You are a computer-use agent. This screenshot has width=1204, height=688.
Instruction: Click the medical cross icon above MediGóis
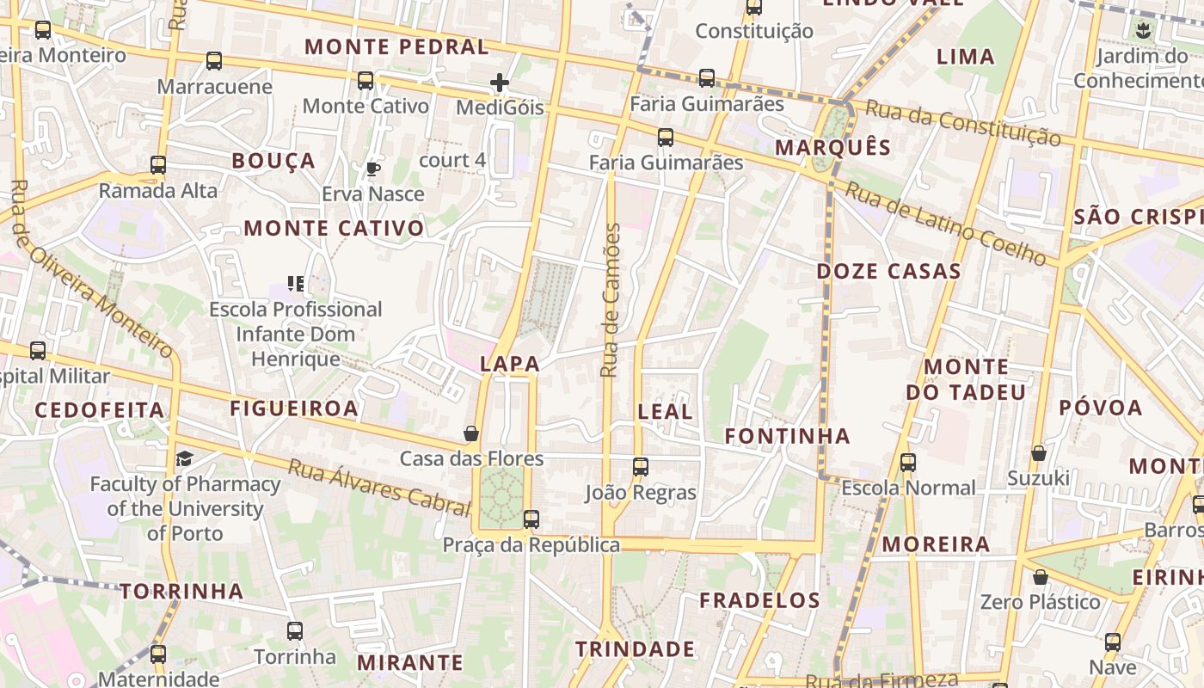[x=500, y=83]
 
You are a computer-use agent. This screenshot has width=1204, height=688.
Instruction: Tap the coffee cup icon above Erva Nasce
[x=372, y=169]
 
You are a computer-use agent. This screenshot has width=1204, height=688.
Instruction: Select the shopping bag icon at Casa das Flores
[x=471, y=433]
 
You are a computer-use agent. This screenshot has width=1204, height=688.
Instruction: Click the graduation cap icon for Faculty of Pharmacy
[x=184, y=458]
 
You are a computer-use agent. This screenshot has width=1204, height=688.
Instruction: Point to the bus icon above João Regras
[x=641, y=467]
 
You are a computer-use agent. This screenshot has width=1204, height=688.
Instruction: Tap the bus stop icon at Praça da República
[x=531, y=519]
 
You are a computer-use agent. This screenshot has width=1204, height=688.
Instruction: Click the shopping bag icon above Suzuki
[x=1039, y=453]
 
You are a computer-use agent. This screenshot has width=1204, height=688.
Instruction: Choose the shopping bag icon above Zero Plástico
[x=1040, y=577]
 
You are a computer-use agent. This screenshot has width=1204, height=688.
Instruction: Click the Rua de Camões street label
[x=610, y=301]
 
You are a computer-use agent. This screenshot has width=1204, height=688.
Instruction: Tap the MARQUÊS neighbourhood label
[x=833, y=147]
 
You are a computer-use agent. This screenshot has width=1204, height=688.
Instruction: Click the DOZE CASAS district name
[x=888, y=272]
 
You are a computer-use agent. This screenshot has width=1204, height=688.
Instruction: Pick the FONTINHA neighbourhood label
[x=787, y=436]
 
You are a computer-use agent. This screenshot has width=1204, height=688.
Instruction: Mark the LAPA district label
[x=510, y=364]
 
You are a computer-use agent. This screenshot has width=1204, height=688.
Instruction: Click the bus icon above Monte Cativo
[x=365, y=81]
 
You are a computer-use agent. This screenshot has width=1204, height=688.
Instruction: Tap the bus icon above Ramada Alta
[x=158, y=165]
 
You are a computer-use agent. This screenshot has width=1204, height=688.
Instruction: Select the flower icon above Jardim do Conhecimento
[x=1143, y=32]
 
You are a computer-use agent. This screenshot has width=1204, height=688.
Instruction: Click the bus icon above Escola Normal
[x=908, y=463]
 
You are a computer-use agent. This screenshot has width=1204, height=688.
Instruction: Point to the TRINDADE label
[x=635, y=648]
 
